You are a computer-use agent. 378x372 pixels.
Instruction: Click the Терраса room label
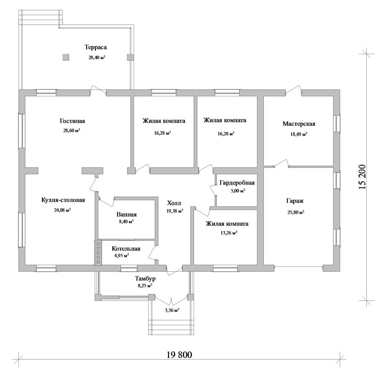(x=95, y=47)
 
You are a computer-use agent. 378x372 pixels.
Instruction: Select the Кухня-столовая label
(x=63, y=200)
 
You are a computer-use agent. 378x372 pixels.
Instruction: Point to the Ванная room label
(x=126, y=215)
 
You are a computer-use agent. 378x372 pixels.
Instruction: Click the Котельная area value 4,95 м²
(x=121, y=255)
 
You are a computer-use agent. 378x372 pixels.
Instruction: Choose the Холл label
(x=174, y=203)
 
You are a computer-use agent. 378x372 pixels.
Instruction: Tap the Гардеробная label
(x=237, y=183)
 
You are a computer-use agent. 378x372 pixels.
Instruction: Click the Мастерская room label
(x=299, y=124)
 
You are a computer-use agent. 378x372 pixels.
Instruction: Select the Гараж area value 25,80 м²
(x=295, y=212)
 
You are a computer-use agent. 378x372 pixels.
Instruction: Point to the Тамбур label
(x=145, y=279)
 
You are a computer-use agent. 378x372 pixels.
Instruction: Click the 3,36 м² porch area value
(x=172, y=310)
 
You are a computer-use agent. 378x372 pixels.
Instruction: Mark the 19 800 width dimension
(x=180, y=355)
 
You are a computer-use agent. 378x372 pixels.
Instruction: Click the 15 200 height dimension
(x=362, y=177)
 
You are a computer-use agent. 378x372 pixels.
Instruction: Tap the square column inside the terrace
(x=66, y=57)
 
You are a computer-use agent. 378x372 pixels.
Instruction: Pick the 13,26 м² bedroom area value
(x=227, y=233)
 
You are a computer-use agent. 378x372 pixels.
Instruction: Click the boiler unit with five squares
(x=98, y=253)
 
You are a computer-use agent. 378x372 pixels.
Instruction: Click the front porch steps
(x=171, y=327)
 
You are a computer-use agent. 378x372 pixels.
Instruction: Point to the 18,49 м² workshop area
(x=299, y=134)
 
